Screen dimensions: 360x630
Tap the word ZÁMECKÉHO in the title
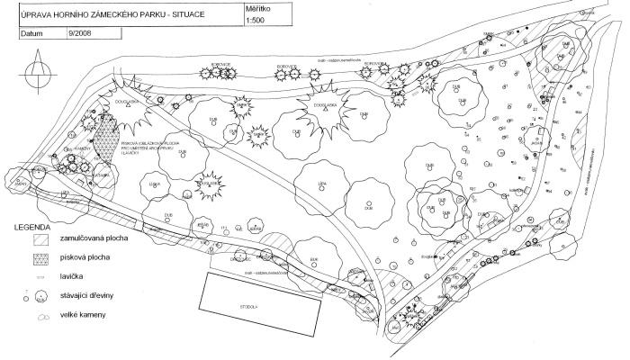coord(114,12)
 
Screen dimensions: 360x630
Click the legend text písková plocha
coord(84,259)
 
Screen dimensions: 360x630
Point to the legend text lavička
coord(74,277)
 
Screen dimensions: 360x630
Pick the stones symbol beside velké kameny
coord(40,315)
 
